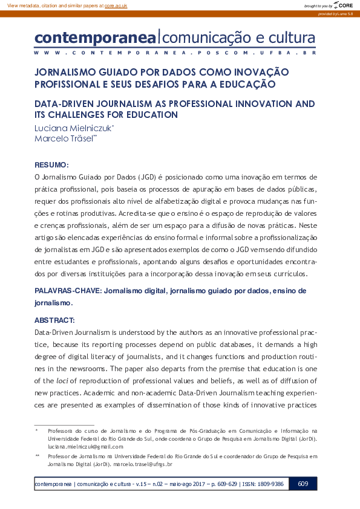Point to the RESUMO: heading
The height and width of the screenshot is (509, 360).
51,165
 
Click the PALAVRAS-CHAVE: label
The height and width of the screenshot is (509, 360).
67,291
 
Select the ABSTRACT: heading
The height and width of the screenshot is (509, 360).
54,320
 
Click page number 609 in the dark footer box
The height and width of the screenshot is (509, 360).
303,484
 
